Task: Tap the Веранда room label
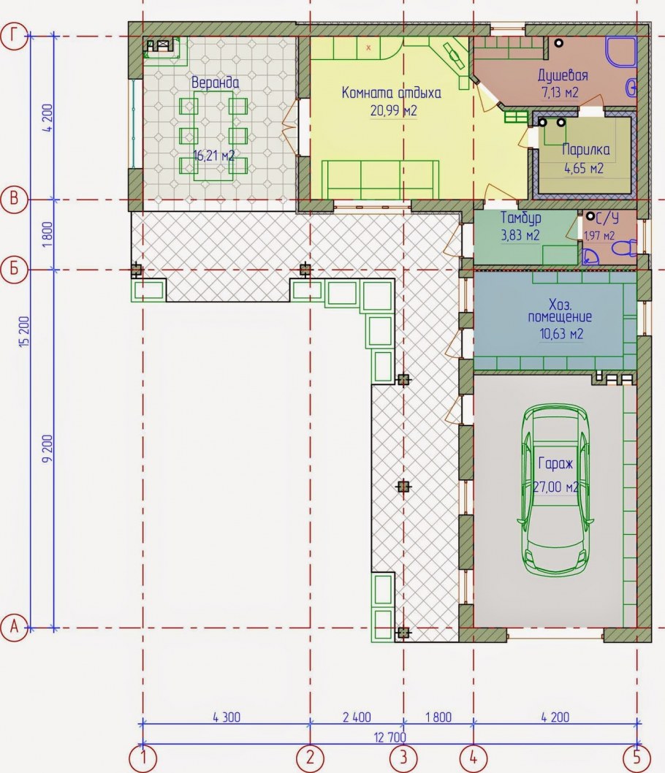216,83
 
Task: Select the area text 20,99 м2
393,110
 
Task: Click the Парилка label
585,149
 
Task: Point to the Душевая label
563,75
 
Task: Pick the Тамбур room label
520,218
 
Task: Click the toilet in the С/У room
624,247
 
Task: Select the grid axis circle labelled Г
14,36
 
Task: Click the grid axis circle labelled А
14,628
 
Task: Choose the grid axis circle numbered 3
403,757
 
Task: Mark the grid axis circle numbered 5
636,757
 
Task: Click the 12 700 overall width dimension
390,737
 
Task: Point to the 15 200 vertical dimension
25,332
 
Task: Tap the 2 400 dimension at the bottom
357,717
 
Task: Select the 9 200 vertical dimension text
47,448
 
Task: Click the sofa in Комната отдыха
380,180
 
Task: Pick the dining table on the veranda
213,136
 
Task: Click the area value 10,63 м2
561,334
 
